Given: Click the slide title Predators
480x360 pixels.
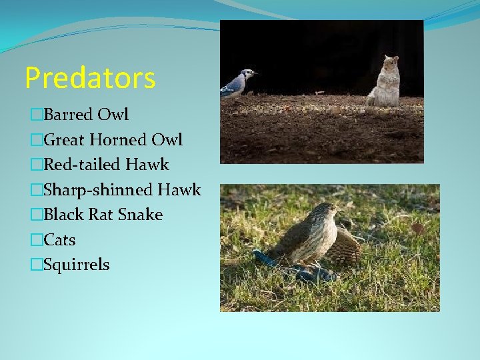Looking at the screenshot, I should tap(90, 78).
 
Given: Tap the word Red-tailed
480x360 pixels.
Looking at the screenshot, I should tap(79, 165).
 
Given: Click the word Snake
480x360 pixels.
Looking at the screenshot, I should tap(140, 215).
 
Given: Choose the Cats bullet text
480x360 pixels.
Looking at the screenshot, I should tap(59, 240).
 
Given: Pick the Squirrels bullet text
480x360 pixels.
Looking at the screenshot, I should tap(76, 265).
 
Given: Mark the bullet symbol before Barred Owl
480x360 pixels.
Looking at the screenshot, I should tap(37, 115).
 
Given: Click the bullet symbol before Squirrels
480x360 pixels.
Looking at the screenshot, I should tap(37, 265).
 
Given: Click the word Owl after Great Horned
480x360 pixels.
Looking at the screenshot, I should tap(167, 139).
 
